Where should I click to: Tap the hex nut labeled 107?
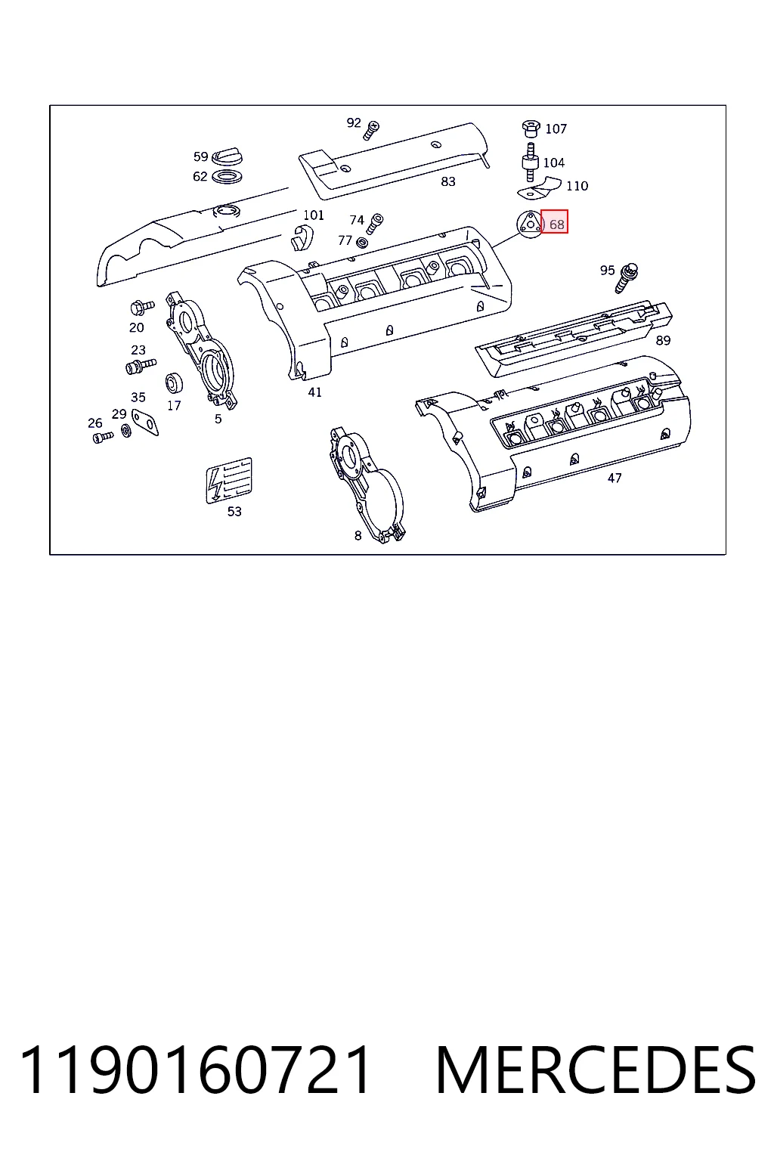click(x=531, y=128)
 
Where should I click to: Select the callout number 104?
click(x=554, y=163)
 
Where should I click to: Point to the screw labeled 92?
click(x=371, y=129)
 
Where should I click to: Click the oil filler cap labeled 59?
click(x=227, y=156)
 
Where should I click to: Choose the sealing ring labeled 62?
click(x=227, y=177)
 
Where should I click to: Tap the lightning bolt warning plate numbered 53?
click(x=228, y=481)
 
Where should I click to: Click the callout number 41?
click(x=314, y=392)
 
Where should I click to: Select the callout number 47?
click(x=615, y=478)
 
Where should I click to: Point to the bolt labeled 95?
click(x=627, y=278)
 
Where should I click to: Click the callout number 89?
click(x=663, y=341)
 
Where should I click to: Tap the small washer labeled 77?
click(x=362, y=242)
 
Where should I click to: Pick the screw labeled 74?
click(x=374, y=224)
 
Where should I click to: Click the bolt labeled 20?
click(x=142, y=308)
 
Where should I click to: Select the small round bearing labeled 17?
click(x=174, y=383)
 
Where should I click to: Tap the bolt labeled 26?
click(x=103, y=438)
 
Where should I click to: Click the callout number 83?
click(x=448, y=181)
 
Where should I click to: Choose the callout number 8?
click(x=358, y=536)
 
